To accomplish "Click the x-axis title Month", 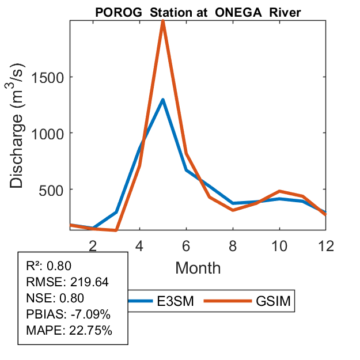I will [x=198, y=267].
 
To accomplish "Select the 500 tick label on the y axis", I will [x=52, y=190].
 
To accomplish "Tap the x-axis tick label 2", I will [x=93, y=245].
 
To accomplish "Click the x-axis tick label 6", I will [x=187, y=245].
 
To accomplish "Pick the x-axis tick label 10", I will [x=279, y=245].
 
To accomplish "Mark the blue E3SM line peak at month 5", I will [x=163, y=100].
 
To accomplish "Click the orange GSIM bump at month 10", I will [x=279, y=191].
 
